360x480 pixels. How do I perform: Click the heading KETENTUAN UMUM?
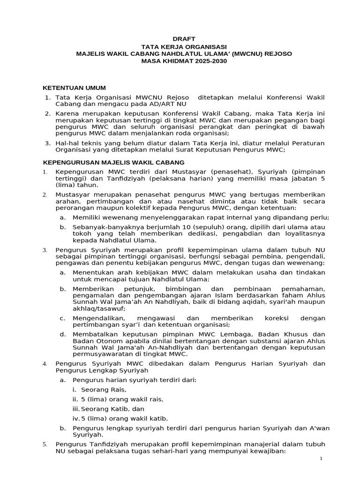pos(75,88)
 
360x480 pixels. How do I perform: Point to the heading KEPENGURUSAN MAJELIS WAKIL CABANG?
pos(113,162)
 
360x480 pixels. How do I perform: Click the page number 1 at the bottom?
pos(321,458)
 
